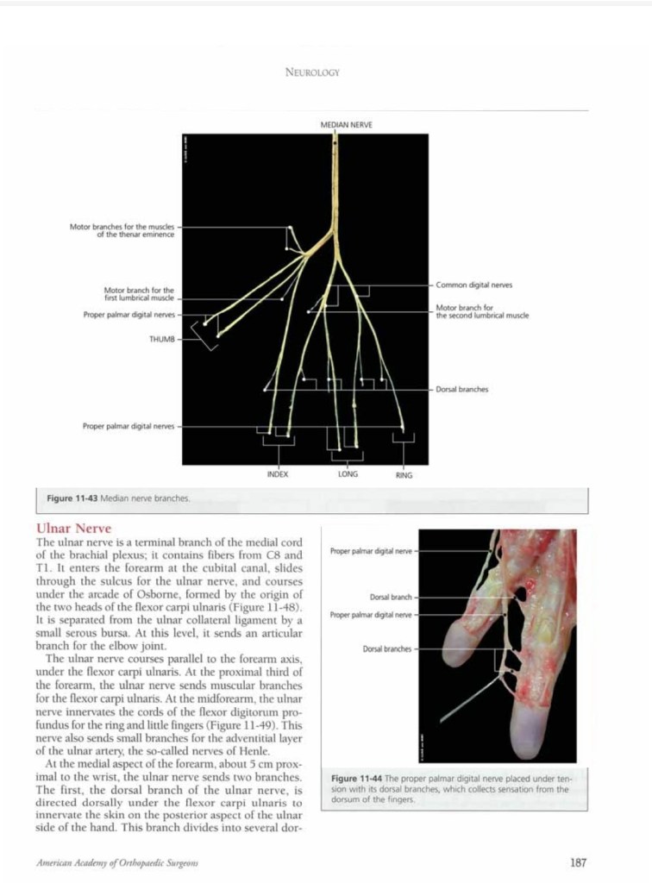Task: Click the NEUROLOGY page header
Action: pyautogui.click(x=312, y=72)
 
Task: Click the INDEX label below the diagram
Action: pyautogui.click(x=278, y=473)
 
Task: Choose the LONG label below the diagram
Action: pyautogui.click(x=348, y=473)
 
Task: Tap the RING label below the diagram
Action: pyautogui.click(x=404, y=474)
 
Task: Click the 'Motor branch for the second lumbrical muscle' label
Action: pyautogui.click(x=482, y=311)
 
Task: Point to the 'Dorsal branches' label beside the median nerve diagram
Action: pyautogui.click(x=462, y=389)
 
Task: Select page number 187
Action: pyautogui.click(x=579, y=861)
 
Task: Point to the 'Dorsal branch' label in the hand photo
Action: pyautogui.click(x=391, y=596)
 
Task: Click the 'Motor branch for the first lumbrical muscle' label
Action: pyautogui.click(x=139, y=294)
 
